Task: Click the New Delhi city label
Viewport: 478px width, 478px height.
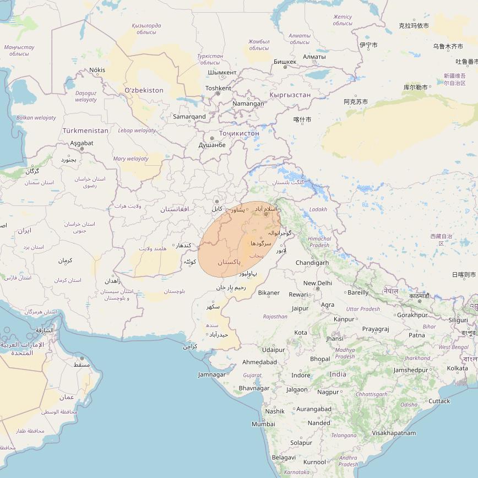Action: pyautogui.click(x=318, y=283)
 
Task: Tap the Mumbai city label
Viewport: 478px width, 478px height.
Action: pyautogui.click(x=263, y=424)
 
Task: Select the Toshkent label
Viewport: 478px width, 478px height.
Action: pyautogui.click(x=218, y=88)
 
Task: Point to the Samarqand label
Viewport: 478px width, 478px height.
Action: pyautogui.click(x=189, y=117)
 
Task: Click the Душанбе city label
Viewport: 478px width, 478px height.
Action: pyautogui.click(x=212, y=145)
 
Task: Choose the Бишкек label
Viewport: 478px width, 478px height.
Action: pyautogui.click(x=285, y=62)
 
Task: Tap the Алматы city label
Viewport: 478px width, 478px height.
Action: pyautogui.click(x=314, y=57)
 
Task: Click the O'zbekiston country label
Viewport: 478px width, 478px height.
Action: pyautogui.click(x=144, y=90)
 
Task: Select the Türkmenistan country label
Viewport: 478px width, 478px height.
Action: pyautogui.click(x=85, y=131)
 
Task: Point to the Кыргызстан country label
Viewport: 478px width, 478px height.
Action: pyautogui.click(x=290, y=95)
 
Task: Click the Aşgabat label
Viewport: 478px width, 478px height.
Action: pyautogui.click(x=82, y=143)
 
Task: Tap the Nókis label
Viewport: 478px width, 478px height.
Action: pyautogui.click(x=97, y=70)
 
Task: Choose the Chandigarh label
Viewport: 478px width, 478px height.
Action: pyautogui.click(x=312, y=263)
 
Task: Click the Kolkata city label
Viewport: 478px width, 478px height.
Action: pyautogui.click(x=458, y=368)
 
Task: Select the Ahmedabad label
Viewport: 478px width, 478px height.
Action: pyautogui.click(x=259, y=362)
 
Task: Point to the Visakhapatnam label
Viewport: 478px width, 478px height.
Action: pyautogui.click(x=394, y=433)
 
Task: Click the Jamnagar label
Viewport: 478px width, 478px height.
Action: pyautogui.click(x=212, y=374)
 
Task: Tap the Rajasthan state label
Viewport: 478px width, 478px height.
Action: pyautogui.click(x=275, y=317)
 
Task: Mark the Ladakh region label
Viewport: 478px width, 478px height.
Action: pyautogui.click(x=318, y=209)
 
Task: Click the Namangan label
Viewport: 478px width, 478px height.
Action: pyautogui.click(x=248, y=104)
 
